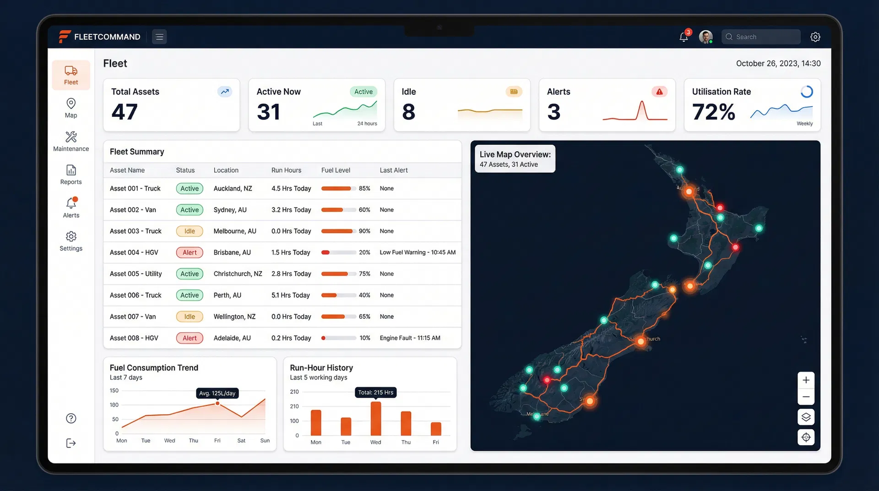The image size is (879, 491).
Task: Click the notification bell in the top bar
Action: [684, 37]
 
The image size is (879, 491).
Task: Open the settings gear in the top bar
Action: [815, 37]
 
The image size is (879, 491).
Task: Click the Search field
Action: [761, 37]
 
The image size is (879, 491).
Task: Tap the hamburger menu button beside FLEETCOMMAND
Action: [159, 37]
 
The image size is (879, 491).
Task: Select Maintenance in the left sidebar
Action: [71, 141]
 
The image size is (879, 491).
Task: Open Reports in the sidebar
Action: [71, 175]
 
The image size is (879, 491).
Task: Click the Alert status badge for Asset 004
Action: [190, 252]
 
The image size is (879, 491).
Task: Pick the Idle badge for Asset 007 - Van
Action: [190, 316]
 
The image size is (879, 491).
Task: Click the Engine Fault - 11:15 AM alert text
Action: [410, 338]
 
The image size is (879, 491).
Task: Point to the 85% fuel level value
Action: [364, 188]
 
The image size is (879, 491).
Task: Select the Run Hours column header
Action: [286, 170]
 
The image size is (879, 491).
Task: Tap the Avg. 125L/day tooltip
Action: [217, 393]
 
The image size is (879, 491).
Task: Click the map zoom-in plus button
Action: [806, 380]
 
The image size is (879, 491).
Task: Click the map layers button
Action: [806, 417]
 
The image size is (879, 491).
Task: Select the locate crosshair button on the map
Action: [806, 437]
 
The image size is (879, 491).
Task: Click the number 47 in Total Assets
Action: [125, 112]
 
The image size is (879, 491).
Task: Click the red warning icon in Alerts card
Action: [659, 92]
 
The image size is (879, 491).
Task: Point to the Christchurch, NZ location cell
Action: [238, 274]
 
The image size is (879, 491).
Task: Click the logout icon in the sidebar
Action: [71, 443]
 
